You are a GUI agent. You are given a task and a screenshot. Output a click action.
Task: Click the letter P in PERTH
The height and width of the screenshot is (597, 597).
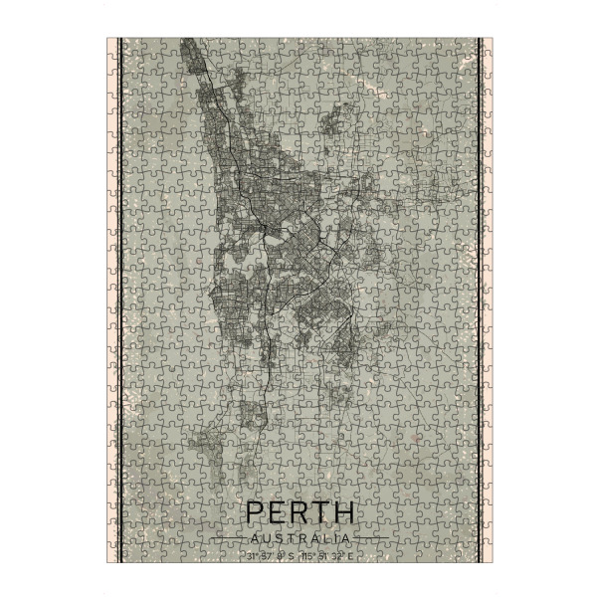tap(254, 513)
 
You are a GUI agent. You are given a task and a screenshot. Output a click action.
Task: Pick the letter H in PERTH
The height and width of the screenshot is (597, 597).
tap(343, 513)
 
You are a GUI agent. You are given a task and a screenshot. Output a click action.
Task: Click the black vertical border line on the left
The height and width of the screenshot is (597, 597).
tap(119, 298)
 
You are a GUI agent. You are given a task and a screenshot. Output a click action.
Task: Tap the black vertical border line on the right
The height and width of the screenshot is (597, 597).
tap(480, 298)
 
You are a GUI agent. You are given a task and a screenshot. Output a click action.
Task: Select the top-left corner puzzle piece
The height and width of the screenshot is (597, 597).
tap(113, 45)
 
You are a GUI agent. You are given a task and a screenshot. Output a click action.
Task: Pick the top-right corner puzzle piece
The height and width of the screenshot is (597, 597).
tap(485, 45)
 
